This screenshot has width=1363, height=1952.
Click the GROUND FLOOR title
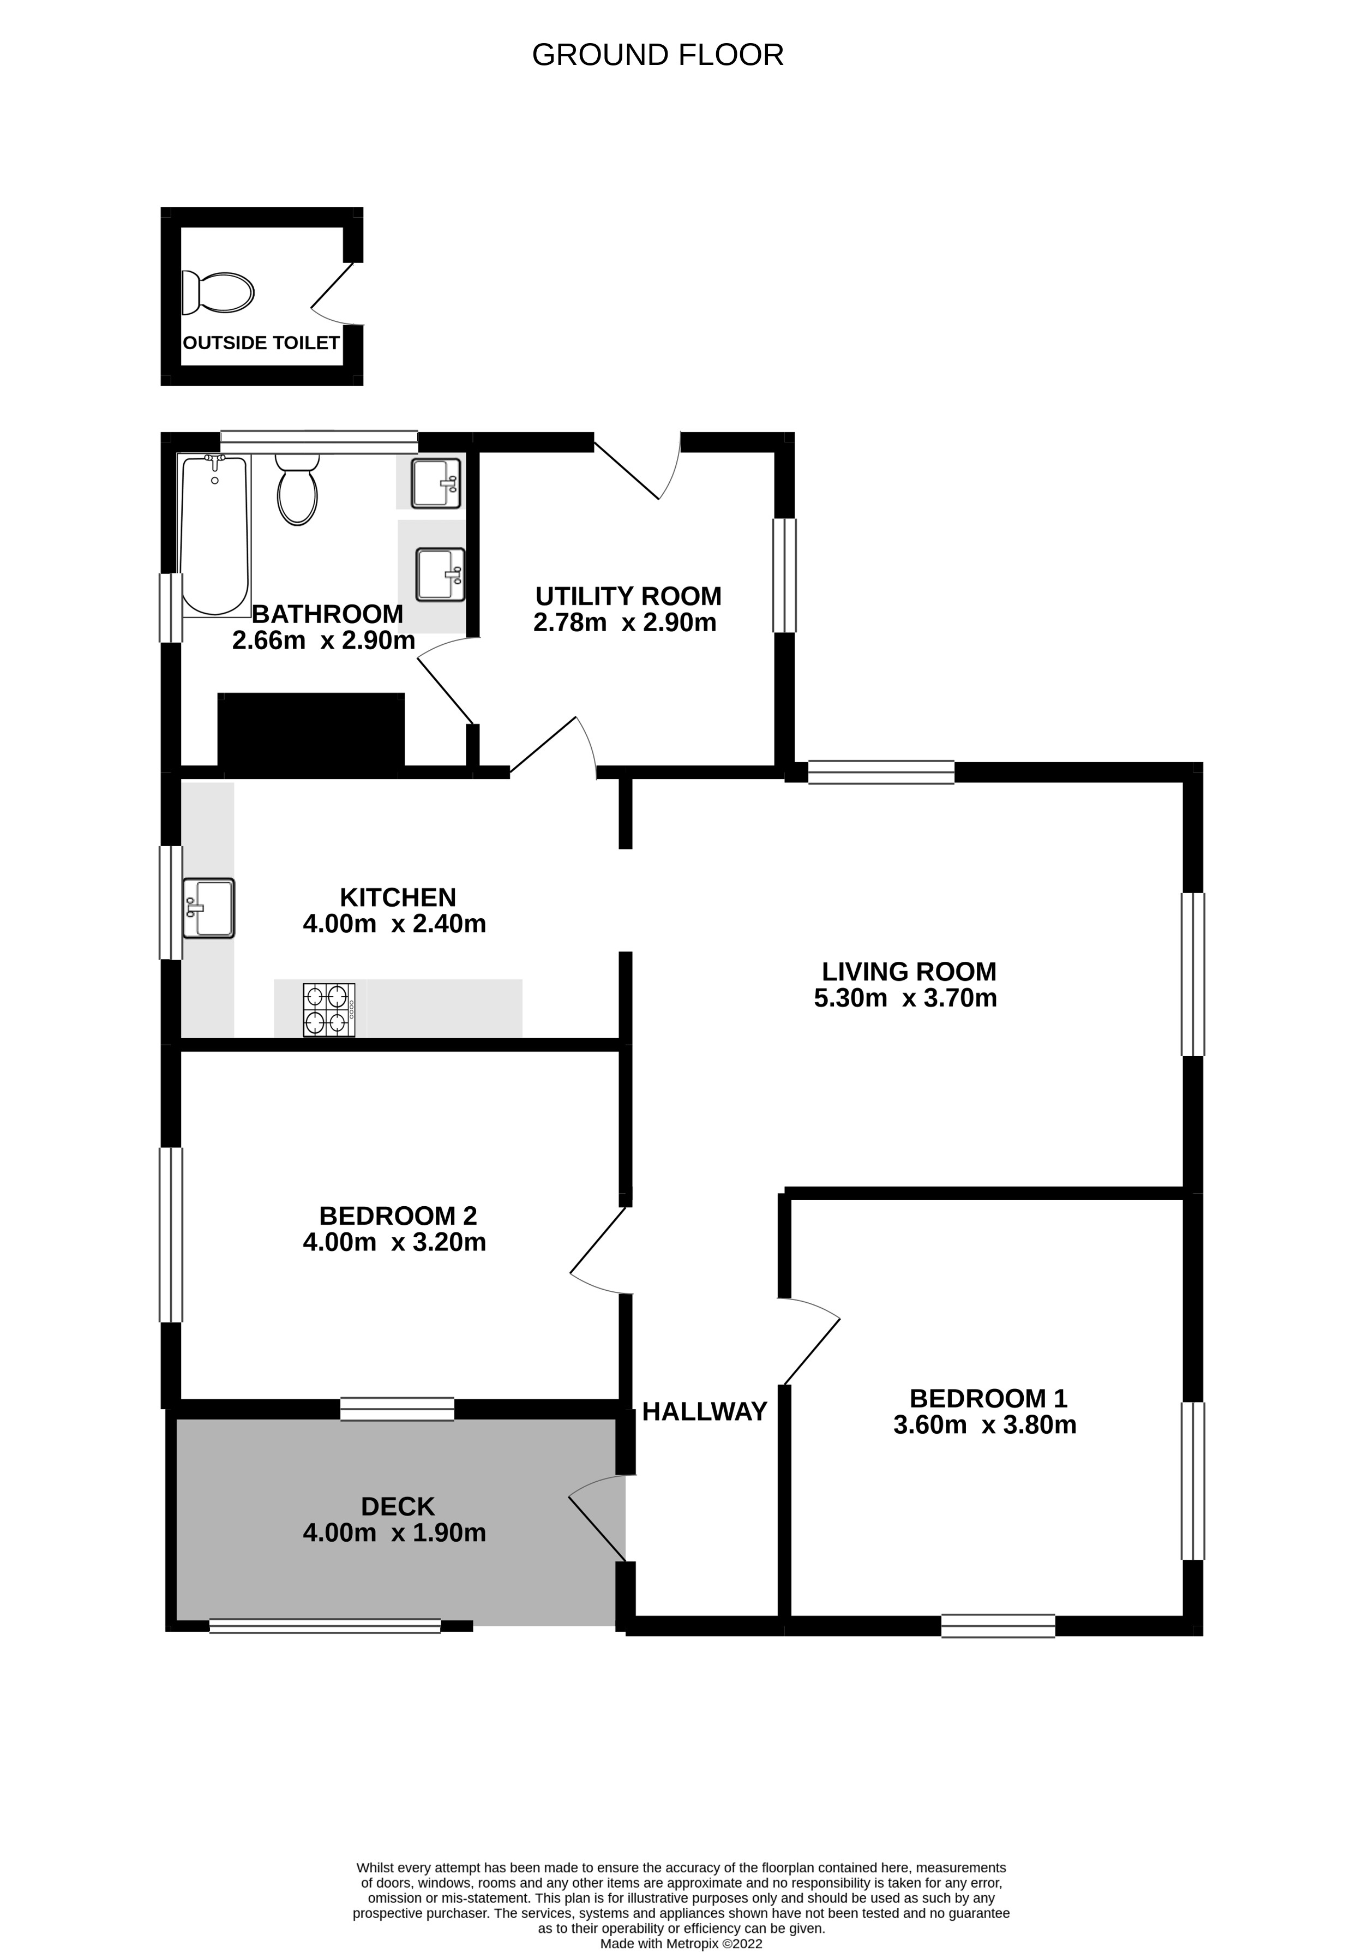657,55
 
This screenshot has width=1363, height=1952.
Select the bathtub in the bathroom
214,536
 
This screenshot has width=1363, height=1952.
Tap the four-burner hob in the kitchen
329,1010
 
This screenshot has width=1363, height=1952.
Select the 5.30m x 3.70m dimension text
905,998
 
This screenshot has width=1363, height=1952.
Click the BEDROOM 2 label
398,1215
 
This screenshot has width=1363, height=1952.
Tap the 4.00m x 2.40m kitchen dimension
394,923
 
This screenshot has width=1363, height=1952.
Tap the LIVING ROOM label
908,972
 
